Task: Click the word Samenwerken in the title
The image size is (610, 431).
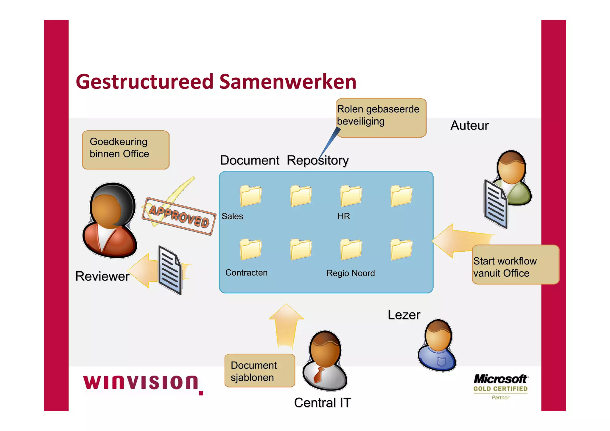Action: coord(288,82)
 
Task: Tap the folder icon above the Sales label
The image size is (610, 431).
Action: coord(250,196)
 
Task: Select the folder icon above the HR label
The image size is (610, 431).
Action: coord(351,196)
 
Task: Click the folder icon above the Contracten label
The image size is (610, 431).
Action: coord(250,249)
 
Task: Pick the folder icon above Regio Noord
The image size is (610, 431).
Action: coord(351,249)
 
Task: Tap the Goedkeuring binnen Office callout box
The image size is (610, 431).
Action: coord(126,150)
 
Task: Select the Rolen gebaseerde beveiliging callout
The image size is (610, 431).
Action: coord(381,117)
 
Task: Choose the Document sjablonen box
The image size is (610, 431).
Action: coord(259,371)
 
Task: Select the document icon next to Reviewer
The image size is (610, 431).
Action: coord(169,270)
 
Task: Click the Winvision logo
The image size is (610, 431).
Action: coord(143,384)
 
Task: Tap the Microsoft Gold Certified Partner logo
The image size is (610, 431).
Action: coord(500,386)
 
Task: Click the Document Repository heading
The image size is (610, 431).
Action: coord(284,160)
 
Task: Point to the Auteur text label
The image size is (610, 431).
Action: coord(469,125)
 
